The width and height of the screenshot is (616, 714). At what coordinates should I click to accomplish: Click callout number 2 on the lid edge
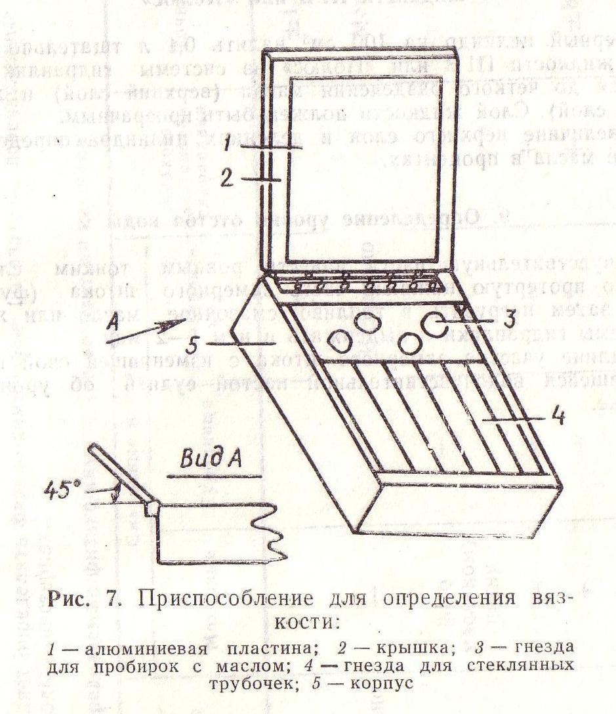tap(227, 178)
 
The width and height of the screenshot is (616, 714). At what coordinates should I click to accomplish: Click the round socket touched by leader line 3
tap(439, 322)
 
